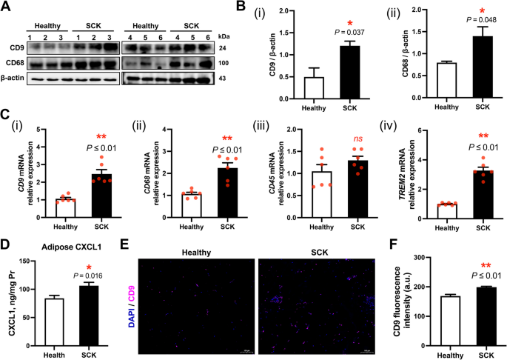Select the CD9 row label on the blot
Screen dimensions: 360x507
point(14,50)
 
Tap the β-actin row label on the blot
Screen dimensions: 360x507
point(16,78)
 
